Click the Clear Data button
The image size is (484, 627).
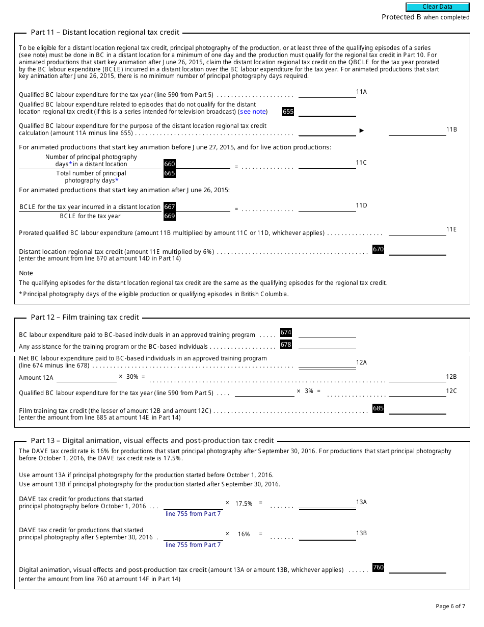[x=437, y=7]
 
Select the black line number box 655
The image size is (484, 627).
[x=288, y=112]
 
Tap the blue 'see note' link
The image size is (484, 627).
[x=253, y=112]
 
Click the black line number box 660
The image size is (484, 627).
[x=169, y=164]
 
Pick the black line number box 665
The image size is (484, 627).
[x=169, y=173]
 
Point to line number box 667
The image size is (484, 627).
[x=169, y=207]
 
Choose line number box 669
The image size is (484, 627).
[x=169, y=216]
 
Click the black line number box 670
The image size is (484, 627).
[x=378, y=249]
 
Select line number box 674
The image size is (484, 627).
[x=286, y=332]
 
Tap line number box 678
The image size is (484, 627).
[x=286, y=345]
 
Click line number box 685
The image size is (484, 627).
[x=378, y=408]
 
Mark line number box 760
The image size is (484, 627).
[x=378, y=567]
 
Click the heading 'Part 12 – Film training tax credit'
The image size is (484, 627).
[x=85, y=317]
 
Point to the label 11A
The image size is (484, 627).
[x=361, y=92]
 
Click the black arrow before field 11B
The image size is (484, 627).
[x=362, y=130]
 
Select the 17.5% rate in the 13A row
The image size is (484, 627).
[x=244, y=503]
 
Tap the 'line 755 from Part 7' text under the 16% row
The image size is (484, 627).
[x=193, y=545]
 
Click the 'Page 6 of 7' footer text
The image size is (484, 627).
[x=450, y=606]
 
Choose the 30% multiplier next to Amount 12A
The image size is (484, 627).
[x=132, y=377]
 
